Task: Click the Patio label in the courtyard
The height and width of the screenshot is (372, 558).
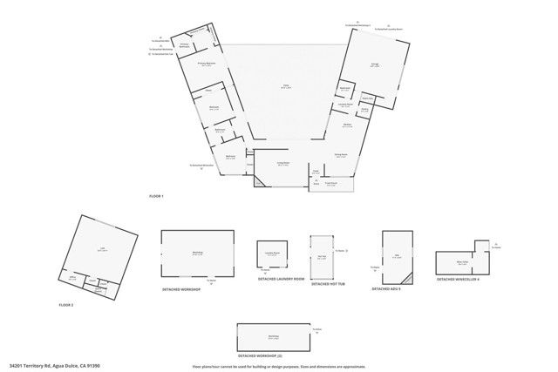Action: pos(284,86)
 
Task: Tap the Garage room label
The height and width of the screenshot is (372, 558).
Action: pos(374,65)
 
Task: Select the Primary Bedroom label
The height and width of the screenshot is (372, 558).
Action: pos(207,64)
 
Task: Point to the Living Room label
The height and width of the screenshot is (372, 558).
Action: pos(283,164)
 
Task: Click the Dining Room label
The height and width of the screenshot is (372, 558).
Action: pos(341,155)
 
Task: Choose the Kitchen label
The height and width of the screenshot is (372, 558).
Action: pos(347,125)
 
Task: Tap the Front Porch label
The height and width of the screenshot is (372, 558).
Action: pos(331,184)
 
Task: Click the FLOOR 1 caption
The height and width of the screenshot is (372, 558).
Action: pos(156,197)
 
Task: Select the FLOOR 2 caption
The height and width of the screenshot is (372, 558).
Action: pos(66,305)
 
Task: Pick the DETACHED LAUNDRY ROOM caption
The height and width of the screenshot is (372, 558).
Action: pos(276,279)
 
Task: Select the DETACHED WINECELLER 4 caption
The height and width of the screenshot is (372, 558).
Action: pos(457,279)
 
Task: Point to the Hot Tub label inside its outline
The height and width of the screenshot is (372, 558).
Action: pos(322,256)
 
